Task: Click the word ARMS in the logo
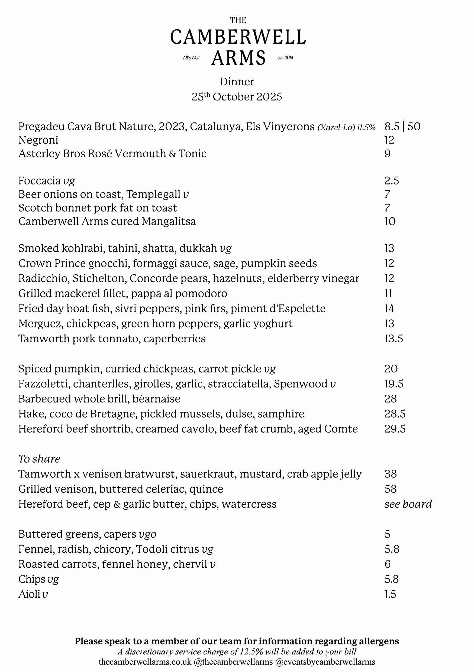pos(238,58)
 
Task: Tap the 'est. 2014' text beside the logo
pos(285,58)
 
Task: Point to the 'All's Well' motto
pos(191,58)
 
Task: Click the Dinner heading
pos(237,82)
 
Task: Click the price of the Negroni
pos(389,140)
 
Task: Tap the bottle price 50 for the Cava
pos(414,126)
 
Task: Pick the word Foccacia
pos(40,181)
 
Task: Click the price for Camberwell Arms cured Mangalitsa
pos(390,221)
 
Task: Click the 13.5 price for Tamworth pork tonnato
pos(394,339)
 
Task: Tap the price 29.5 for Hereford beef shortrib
pos(395,429)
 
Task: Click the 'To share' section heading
pos(39,459)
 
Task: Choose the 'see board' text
pos(408,504)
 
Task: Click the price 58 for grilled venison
pos(390,489)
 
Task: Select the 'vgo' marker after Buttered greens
pos(147,534)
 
